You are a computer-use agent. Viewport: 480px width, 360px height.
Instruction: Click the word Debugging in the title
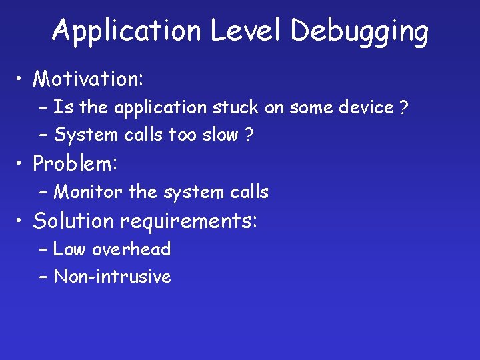pyautogui.click(x=360, y=31)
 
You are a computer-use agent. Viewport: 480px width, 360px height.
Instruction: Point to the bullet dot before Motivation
pyautogui.click(x=21, y=80)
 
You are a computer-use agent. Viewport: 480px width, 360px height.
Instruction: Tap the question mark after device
pyautogui.click(x=403, y=107)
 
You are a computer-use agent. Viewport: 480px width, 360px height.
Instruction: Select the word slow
pyautogui.click(x=220, y=135)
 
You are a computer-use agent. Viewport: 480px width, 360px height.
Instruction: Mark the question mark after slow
pyautogui.click(x=249, y=135)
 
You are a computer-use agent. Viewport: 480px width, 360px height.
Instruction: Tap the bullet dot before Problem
pyautogui.click(x=21, y=164)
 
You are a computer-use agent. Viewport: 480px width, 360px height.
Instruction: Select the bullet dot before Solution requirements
pyautogui.click(x=21, y=221)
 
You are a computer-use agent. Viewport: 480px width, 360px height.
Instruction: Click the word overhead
pyautogui.click(x=131, y=249)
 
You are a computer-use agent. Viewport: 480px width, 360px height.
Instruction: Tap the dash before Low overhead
pyautogui.click(x=43, y=250)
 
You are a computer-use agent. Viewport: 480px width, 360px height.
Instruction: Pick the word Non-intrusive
pyautogui.click(x=112, y=277)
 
